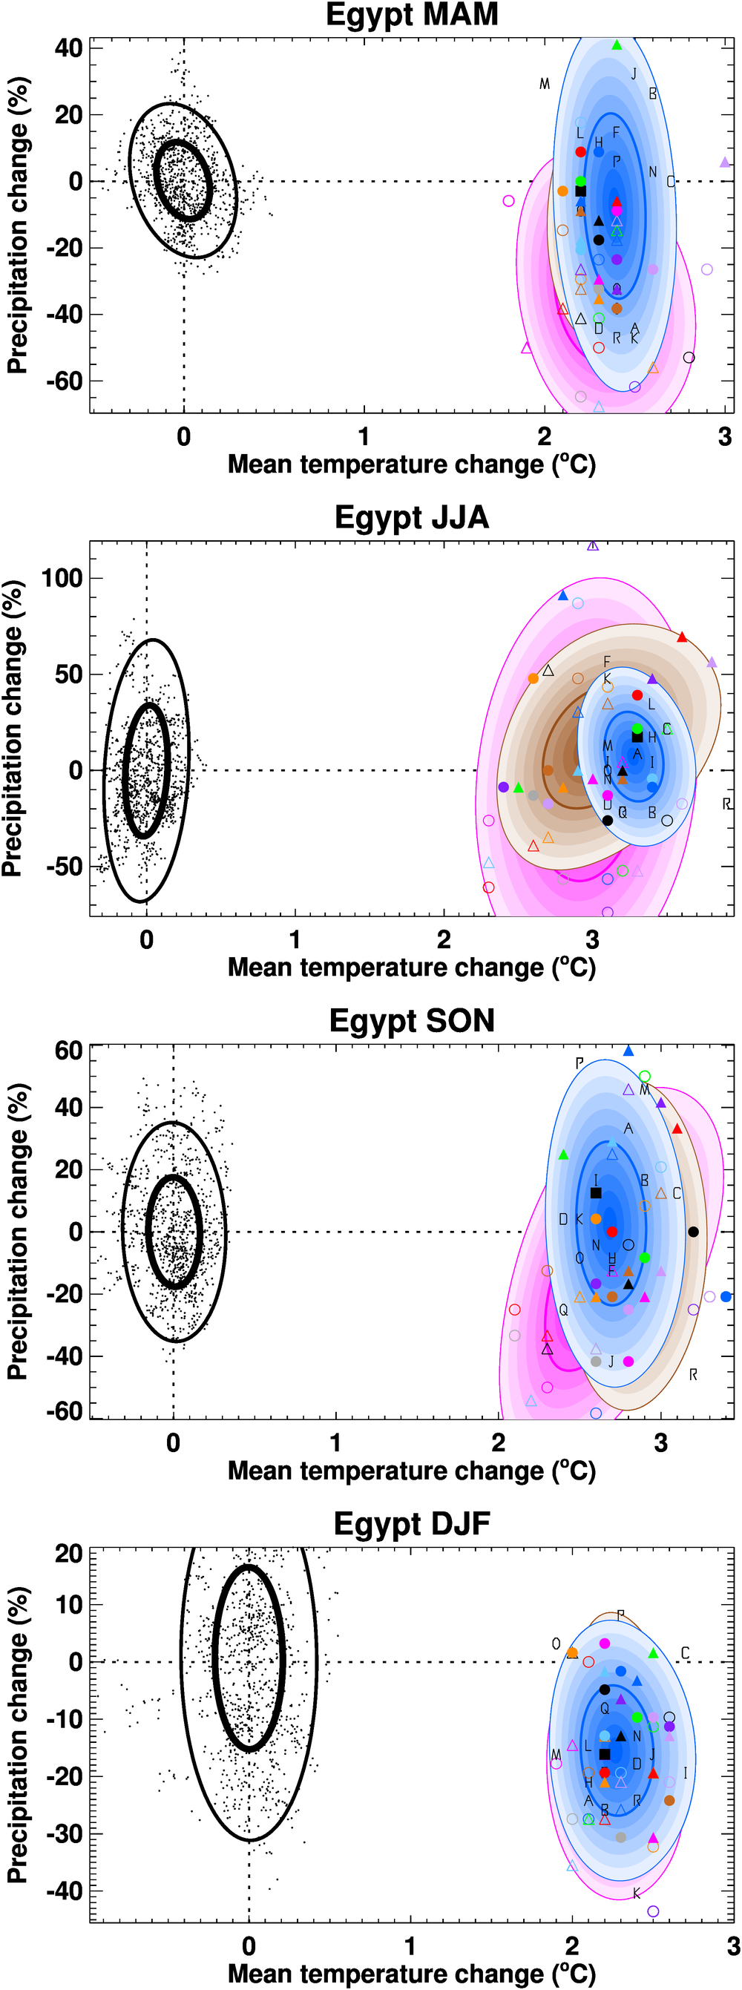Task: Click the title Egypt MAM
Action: tap(412, 15)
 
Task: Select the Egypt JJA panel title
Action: tap(412, 518)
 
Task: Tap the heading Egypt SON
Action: tap(412, 1020)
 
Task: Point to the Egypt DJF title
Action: tap(412, 1524)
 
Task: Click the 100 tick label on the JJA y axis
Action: tap(62, 578)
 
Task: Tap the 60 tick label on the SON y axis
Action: tap(69, 1051)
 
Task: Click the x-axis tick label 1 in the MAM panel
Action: tap(364, 436)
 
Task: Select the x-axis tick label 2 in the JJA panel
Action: tap(444, 939)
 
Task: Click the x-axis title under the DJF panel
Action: tap(412, 1973)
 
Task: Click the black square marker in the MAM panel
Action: tap(580, 191)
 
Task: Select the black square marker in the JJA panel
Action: tap(637, 737)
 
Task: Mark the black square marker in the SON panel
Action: tap(596, 1193)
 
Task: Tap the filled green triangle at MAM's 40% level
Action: tap(617, 45)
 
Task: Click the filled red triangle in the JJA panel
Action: tap(682, 637)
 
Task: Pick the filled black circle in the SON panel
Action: tap(693, 1232)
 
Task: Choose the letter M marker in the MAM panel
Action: tap(545, 83)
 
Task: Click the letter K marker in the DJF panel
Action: tap(637, 1894)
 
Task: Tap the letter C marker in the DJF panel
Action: tap(685, 1652)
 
